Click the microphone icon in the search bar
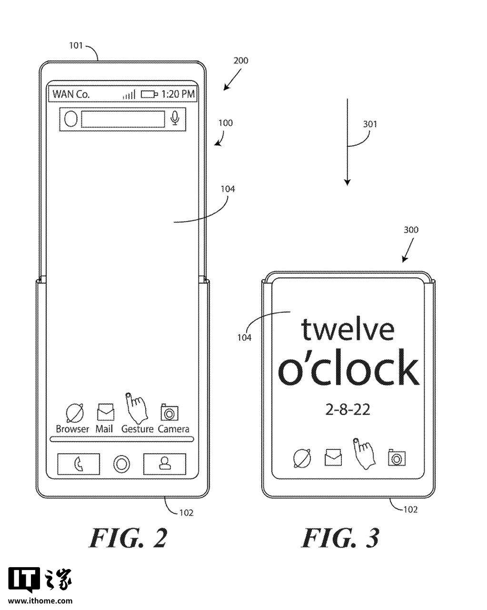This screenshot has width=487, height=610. point(176,118)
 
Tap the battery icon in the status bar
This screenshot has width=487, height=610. point(149,94)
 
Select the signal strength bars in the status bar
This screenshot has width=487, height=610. point(129,94)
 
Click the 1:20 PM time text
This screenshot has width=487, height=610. point(178,94)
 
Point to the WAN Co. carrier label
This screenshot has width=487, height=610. point(71,94)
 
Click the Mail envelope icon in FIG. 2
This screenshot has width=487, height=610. point(105,412)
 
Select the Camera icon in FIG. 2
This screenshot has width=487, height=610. point(169,412)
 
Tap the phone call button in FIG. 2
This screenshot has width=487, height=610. point(79,464)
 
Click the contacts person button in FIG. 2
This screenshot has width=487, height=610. point(165,463)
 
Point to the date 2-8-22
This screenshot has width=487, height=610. point(348,409)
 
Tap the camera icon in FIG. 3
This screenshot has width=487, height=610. point(397,457)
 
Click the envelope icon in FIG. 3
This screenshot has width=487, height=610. point(333,457)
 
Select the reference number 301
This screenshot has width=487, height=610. point(370,124)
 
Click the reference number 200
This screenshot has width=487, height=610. point(241,61)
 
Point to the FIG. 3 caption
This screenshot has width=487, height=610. point(340,539)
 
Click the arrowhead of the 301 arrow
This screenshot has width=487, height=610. point(348,182)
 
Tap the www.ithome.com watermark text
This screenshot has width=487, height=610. point(40,601)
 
